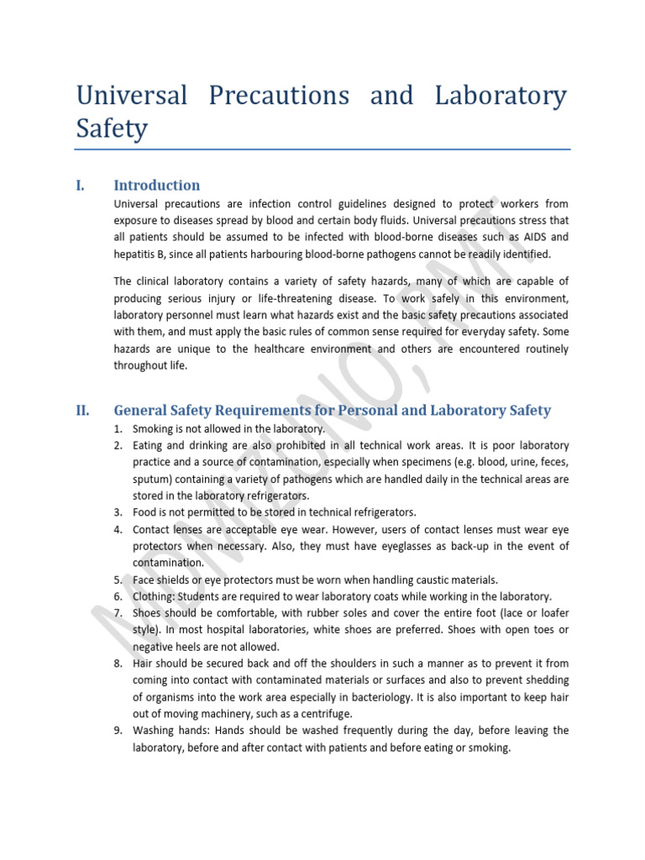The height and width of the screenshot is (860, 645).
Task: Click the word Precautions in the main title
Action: point(268,96)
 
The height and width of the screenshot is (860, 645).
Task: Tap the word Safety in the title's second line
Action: point(111,129)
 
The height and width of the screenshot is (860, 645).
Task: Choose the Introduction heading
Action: point(156,186)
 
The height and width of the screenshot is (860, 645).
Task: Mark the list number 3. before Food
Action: point(119,512)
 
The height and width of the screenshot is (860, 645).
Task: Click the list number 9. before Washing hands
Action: point(119,731)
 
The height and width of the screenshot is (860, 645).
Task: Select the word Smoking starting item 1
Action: point(153,428)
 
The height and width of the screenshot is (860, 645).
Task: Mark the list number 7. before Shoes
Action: point(119,613)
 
